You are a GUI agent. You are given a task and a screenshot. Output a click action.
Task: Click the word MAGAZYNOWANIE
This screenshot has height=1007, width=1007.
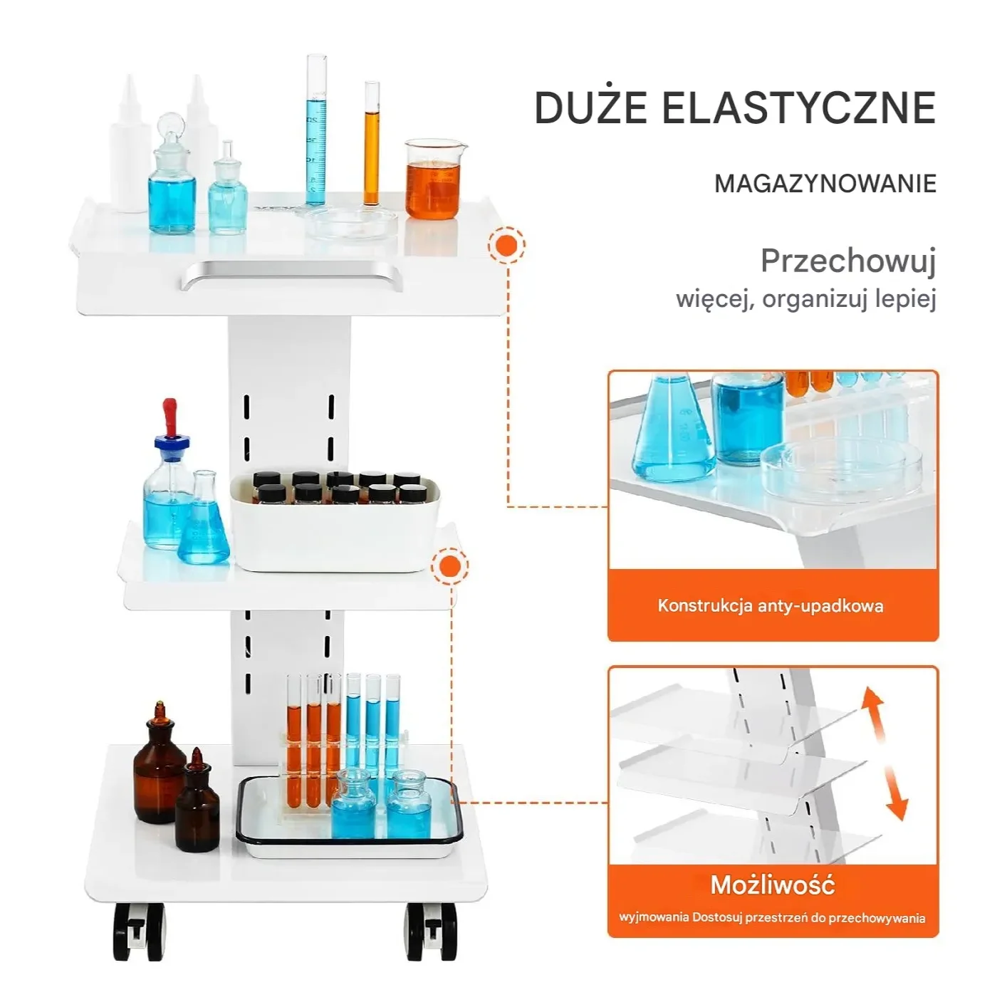(825, 184)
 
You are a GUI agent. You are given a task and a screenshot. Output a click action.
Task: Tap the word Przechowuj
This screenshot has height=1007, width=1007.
(847, 261)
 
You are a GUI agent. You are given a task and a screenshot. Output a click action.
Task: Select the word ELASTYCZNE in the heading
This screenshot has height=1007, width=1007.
(798, 108)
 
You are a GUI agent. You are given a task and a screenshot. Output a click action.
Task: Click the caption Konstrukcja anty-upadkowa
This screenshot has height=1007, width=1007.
(770, 606)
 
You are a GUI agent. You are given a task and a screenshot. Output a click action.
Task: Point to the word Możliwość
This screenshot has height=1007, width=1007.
(772, 885)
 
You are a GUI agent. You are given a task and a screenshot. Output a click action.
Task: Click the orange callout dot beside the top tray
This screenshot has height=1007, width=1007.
(506, 246)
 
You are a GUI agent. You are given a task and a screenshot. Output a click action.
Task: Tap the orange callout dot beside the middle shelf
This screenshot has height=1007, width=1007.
(450, 566)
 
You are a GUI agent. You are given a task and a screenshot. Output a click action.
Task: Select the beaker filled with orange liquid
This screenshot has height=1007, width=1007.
(434, 179)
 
